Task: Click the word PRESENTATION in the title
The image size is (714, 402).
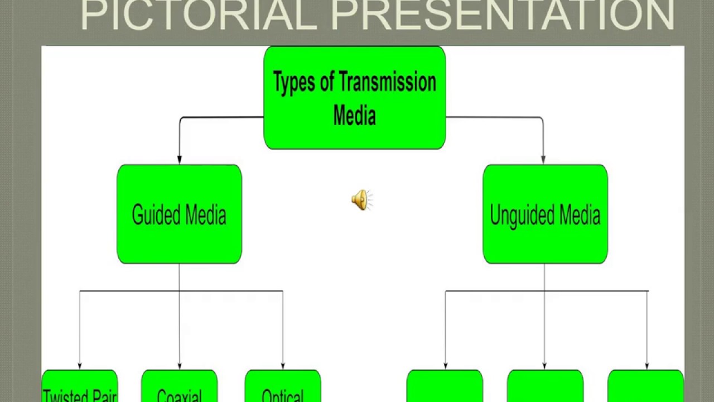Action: [x=502, y=16]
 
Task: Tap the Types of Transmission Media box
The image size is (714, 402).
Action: [x=355, y=98]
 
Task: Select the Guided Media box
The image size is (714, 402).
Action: [x=179, y=214]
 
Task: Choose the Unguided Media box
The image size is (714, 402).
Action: [x=545, y=214]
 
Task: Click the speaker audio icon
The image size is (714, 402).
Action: [x=361, y=200]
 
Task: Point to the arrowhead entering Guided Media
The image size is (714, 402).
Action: [x=179, y=160]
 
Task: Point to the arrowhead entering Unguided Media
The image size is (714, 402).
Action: [x=543, y=160]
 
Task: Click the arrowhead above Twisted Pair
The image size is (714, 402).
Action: [x=80, y=366]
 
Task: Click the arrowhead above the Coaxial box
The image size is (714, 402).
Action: [x=179, y=366]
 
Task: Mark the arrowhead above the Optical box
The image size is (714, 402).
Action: [x=283, y=366]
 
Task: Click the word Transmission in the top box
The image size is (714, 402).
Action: [x=387, y=83]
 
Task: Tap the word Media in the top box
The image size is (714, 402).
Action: [x=355, y=115]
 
